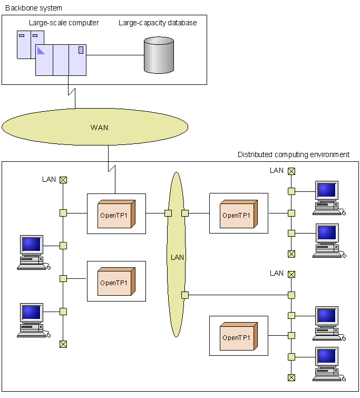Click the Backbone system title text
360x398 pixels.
33,8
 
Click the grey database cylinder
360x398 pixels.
159,55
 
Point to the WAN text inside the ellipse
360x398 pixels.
99,128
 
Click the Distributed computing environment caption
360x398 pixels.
294,154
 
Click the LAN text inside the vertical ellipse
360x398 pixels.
177,257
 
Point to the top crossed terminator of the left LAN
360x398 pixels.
63,180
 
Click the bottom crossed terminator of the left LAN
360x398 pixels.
63,344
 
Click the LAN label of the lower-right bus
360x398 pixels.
277,273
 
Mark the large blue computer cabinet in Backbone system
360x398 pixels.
61,59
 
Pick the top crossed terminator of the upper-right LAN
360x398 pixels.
291,171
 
